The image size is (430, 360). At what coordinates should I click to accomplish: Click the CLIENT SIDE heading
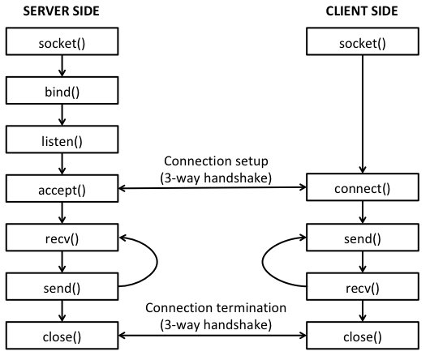362,11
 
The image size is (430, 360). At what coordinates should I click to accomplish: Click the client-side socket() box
362,41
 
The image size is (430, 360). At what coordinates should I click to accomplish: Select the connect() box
362,190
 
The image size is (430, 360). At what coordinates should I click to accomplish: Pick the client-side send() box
362,238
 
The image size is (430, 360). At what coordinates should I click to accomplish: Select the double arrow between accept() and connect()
212,190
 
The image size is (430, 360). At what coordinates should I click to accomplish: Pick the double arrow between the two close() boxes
212,334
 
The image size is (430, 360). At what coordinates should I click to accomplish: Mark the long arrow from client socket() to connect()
362,114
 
